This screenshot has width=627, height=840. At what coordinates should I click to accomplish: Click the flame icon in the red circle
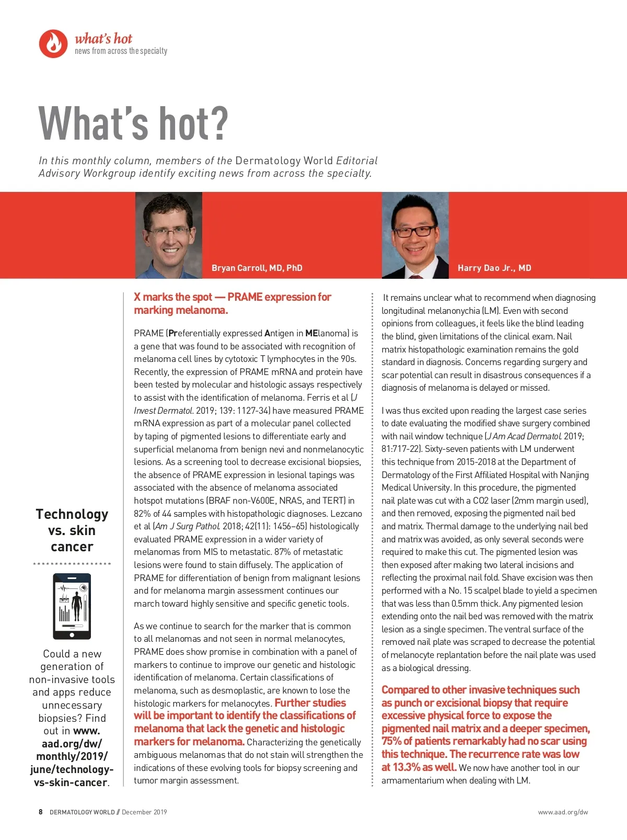53,44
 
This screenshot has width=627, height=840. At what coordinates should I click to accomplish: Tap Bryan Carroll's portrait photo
168,235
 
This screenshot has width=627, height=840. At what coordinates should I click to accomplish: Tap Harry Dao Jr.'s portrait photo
415,235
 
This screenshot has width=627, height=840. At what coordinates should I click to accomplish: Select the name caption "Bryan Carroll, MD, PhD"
257,268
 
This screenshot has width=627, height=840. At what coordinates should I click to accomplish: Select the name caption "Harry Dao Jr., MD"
494,268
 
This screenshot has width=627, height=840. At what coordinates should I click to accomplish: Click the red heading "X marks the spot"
173,297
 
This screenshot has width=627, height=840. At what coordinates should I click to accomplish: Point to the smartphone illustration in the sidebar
72,606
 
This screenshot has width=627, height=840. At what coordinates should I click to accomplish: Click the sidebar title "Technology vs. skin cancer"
72,530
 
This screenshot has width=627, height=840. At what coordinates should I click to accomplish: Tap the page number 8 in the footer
41,812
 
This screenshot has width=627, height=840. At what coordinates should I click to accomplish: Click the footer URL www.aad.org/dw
563,812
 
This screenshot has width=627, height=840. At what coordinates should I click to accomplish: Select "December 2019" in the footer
144,812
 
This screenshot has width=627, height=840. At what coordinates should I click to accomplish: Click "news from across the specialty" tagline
121,51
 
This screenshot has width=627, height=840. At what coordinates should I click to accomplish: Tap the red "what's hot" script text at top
103,39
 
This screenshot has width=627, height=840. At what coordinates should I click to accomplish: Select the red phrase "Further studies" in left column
310,703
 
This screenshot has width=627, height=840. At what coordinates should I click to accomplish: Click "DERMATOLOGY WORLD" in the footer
82,812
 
